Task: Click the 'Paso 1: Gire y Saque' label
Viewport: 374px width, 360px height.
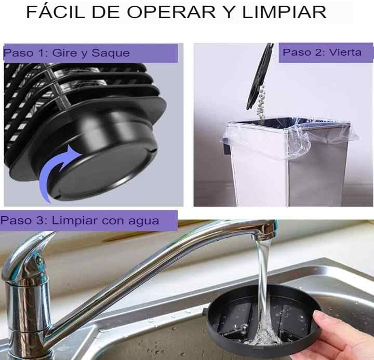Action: pos(66,53)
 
